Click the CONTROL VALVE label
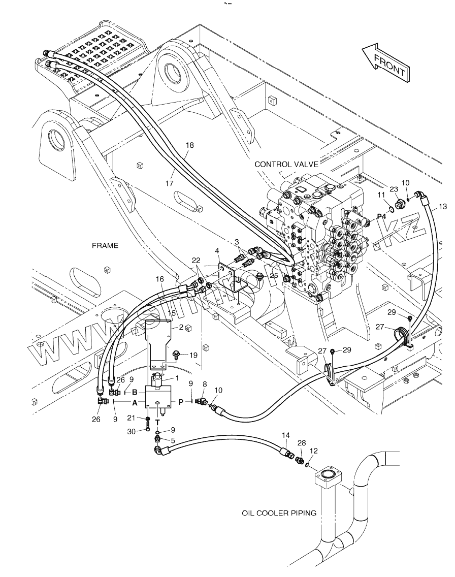(286, 164)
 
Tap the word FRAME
(105, 245)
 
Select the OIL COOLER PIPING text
(279, 512)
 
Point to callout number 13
(443, 206)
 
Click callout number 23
(394, 189)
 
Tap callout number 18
(189, 145)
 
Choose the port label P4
(381, 217)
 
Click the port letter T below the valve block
(157, 422)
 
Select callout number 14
(285, 435)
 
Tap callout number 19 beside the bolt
(193, 355)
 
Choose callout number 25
(274, 276)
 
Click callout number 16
(160, 279)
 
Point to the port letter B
(135, 392)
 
